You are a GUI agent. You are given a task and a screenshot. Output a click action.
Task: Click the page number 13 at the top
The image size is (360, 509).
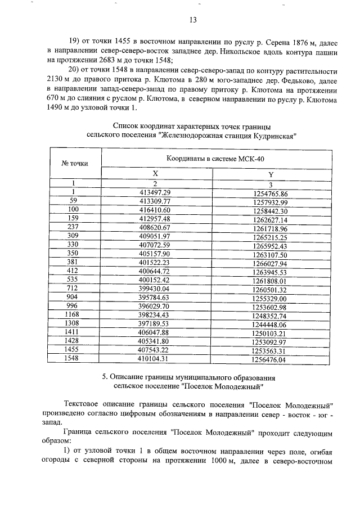click(192, 20)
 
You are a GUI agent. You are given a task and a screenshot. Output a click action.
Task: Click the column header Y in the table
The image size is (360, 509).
click(271, 174)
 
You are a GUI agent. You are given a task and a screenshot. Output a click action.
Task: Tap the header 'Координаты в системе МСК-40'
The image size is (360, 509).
click(214, 159)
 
